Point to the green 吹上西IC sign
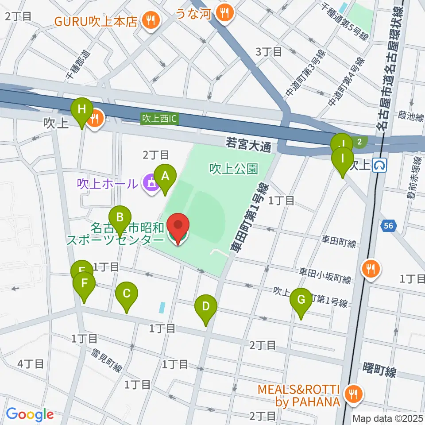click(x=160, y=119)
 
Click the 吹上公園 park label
click(x=233, y=169)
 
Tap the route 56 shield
click(x=388, y=226)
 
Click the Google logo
click(x=30, y=415)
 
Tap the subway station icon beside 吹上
click(x=379, y=166)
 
